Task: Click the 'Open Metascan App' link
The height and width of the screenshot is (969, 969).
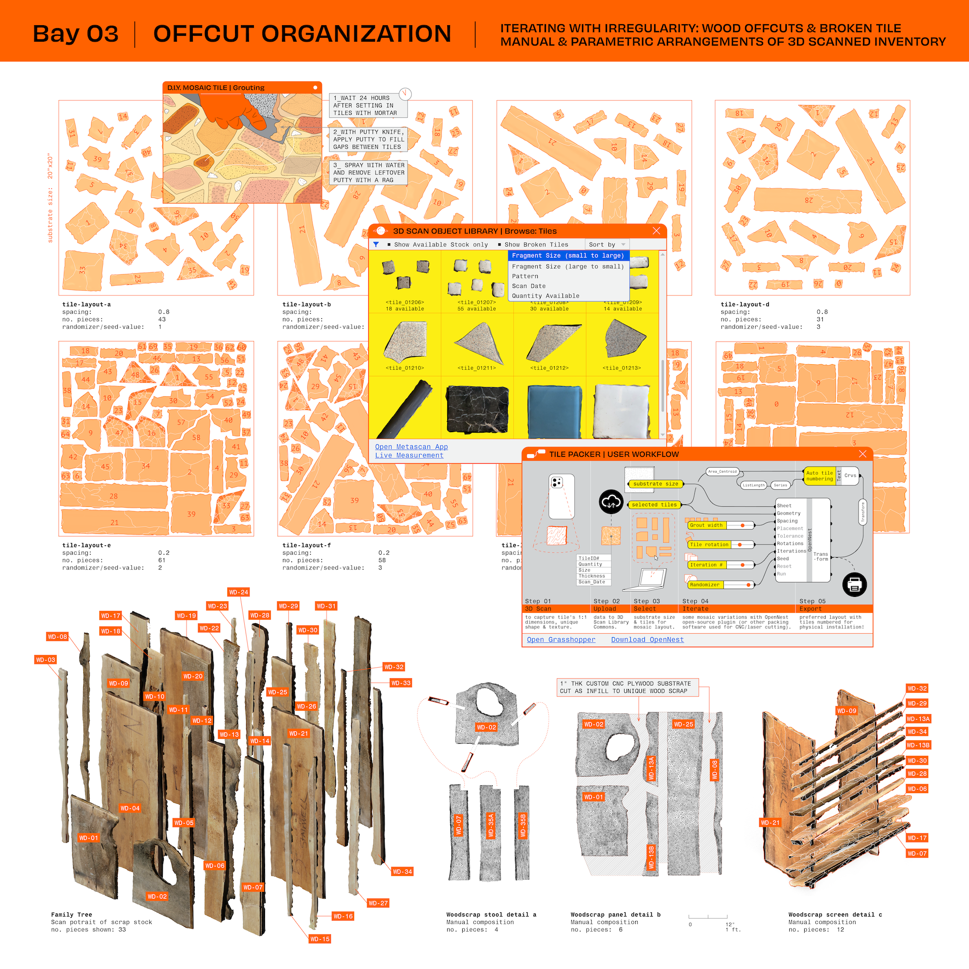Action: [411, 447]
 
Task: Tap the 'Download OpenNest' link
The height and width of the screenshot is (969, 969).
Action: [647, 640]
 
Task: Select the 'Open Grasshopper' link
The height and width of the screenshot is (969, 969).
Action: [561, 640]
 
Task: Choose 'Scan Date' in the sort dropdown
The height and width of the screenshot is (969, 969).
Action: [529, 286]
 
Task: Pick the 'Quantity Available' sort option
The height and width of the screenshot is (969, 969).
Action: [545, 296]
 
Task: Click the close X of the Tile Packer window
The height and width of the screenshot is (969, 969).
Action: [863, 454]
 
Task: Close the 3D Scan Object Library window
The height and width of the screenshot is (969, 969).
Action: [656, 231]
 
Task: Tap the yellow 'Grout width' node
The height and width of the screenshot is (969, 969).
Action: [706, 525]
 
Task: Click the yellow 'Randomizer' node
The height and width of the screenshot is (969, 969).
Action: [704, 585]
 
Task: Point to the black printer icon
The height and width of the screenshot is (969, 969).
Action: [855, 584]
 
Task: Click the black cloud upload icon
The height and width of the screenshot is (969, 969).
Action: [611, 501]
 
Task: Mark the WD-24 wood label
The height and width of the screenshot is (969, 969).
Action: [239, 593]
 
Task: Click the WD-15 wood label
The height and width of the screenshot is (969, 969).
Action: [319, 939]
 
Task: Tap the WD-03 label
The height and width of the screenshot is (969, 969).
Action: [45, 659]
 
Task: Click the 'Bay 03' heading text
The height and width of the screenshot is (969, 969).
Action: [75, 34]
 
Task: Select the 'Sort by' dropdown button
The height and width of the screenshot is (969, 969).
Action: [607, 245]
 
